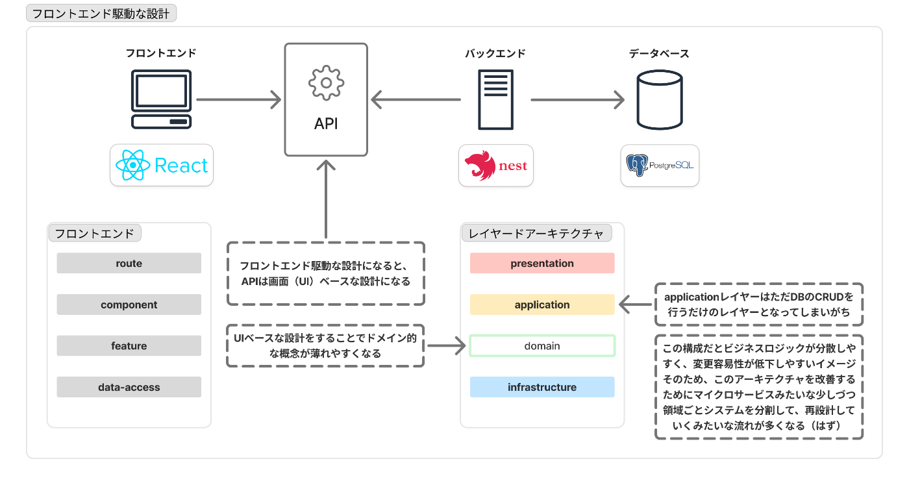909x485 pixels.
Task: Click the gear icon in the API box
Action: pyautogui.click(x=326, y=83)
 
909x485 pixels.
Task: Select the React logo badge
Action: pyautogui.click(x=162, y=165)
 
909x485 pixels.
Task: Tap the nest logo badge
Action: pyautogui.click(x=496, y=166)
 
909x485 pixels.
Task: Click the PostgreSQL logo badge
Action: pyautogui.click(x=660, y=166)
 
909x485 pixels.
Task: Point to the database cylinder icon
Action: pyautogui.click(x=660, y=100)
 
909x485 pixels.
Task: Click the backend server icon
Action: pyautogui.click(x=495, y=100)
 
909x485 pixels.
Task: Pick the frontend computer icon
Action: pyautogui.click(x=161, y=99)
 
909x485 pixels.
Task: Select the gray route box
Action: pyautogui.click(x=129, y=263)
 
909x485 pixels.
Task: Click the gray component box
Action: pyautogui.click(x=129, y=305)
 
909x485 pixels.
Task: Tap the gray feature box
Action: pyautogui.click(x=129, y=345)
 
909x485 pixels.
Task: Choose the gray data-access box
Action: pyautogui.click(x=129, y=387)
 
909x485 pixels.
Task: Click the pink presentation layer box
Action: pyautogui.click(x=542, y=263)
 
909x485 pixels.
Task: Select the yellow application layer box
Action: pyautogui.click(x=542, y=305)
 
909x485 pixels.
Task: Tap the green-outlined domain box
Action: pyautogui.click(x=542, y=346)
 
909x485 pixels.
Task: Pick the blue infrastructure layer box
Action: pyautogui.click(x=542, y=387)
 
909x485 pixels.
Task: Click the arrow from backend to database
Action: pyautogui.click(x=577, y=100)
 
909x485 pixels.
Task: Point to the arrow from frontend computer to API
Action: pyautogui.click(x=239, y=100)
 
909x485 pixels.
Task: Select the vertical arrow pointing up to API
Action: pyautogui.click(x=326, y=199)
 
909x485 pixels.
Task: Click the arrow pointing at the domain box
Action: pyautogui.click(x=447, y=346)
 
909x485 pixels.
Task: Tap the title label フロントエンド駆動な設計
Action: pyautogui.click(x=101, y=14)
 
